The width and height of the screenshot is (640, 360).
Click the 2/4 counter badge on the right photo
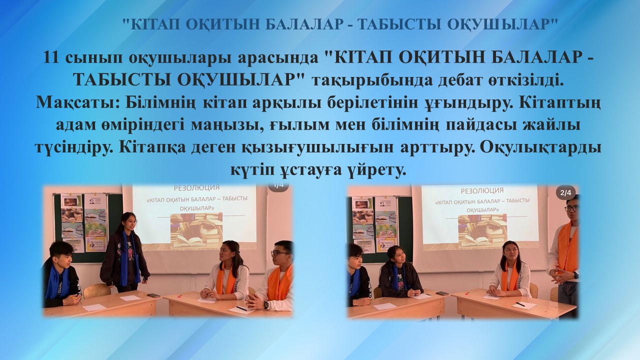pyautogui.click(x=565, y=193)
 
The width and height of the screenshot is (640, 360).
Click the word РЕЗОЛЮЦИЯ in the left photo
pyautogui.click(x=196, y=187)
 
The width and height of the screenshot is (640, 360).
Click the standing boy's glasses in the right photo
pyautogui.click(x=572, y=208)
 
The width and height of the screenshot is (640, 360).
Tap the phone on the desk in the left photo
pyautogui.click(x=153, y=295)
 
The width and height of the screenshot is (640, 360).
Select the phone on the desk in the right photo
pyautogui.click(x=442, y=293)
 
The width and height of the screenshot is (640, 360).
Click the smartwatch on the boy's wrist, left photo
pyautogui.click(x=266, y=305)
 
